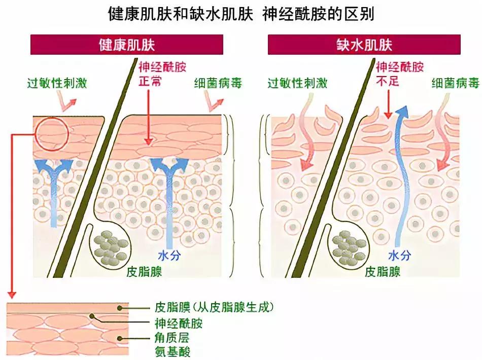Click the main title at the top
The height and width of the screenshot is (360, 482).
click(241, 14)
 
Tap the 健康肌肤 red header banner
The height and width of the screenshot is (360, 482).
click(126, 45)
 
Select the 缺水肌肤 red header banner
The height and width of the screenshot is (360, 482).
click(364, 45)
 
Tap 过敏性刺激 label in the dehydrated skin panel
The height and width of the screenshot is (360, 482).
click(297, 83)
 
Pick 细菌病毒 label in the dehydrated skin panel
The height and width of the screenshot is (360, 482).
click(456, 83)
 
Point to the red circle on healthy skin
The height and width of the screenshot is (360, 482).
click(52, 134)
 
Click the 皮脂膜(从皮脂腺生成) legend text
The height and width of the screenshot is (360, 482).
click(214, 307)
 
